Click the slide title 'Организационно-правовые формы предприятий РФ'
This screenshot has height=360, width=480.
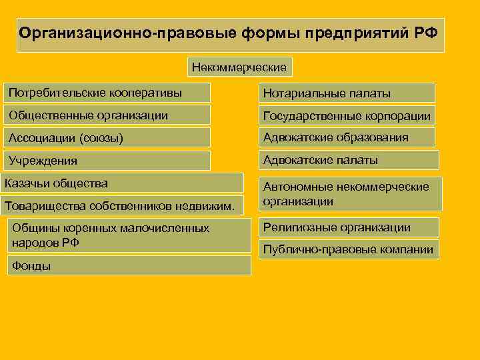[x=230, y=35]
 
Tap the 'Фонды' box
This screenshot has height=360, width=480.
[x=129, y=265]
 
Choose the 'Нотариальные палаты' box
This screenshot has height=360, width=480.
[x=347, y=93]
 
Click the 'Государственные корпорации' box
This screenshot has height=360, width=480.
[x=347, y=116]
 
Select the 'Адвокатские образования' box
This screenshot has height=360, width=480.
[x=347, y=138]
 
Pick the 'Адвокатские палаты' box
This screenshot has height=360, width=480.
[x=349, y=160]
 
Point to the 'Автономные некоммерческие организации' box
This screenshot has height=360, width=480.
[x=349, y=194]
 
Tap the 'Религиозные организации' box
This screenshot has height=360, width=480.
[x=349, y=227]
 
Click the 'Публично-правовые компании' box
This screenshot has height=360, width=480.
[x=349, y=250]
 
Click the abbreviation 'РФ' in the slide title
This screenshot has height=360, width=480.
[x=427, y=33]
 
